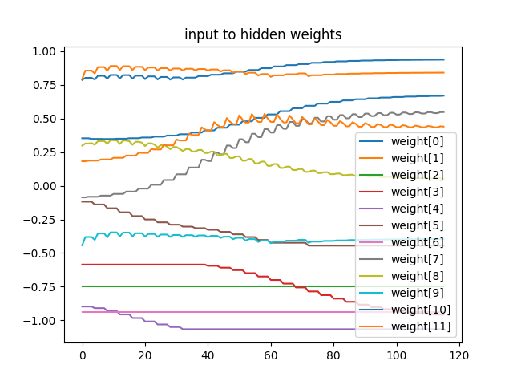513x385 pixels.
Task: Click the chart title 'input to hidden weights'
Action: pos(262,34)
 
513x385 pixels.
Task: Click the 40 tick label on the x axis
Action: pos(208,355)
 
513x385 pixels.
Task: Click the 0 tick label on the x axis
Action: pos(82,355)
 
